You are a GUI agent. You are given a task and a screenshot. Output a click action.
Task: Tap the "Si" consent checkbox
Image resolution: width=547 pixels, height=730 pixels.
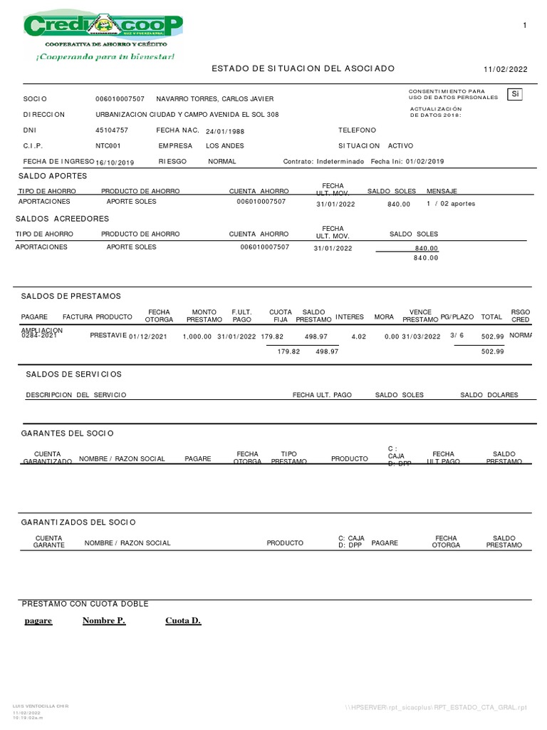click(514, 94)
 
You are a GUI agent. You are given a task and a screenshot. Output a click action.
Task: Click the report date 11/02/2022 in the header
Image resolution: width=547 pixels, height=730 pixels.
click(506, 69)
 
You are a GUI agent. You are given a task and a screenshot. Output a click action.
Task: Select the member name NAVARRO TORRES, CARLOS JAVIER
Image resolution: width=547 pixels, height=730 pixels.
click(214, 98)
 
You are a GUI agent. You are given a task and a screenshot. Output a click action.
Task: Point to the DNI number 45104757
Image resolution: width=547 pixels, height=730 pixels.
click(112, 130)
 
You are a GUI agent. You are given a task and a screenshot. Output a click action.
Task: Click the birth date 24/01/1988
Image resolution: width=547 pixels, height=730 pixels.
click(224, 131)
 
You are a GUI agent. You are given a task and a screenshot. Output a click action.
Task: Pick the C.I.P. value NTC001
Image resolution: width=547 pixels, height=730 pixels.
click(109, 145)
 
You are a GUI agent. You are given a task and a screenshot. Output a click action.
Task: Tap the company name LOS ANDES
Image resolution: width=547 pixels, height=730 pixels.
click(225, 145)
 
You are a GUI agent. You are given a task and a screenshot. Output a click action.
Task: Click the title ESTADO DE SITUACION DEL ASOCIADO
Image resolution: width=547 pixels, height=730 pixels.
click(303, 68)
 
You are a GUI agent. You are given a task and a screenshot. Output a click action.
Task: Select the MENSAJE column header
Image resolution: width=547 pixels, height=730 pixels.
click(442, 192)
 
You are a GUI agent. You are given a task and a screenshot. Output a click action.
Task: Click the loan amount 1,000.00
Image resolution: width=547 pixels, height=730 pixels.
click(197, 336)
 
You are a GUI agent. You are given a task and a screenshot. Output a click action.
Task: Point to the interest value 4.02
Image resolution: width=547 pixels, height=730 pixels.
click(358, 336)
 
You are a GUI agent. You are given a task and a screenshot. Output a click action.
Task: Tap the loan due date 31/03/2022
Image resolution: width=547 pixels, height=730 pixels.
click(421, 336)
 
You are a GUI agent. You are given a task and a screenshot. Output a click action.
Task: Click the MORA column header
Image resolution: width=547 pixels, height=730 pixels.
click(384, 316)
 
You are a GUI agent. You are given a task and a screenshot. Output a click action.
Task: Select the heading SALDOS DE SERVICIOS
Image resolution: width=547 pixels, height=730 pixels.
click(73, 374)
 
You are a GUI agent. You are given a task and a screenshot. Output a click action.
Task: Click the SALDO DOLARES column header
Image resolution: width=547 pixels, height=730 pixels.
click(489, 395)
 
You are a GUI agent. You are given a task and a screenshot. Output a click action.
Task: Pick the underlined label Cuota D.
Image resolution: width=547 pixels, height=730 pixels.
click(183, 621)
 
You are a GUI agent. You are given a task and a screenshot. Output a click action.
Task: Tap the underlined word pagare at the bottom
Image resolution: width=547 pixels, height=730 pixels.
click(38, 621)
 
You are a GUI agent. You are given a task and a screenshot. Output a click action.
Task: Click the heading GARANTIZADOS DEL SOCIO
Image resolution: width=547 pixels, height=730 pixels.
click(78, 523)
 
